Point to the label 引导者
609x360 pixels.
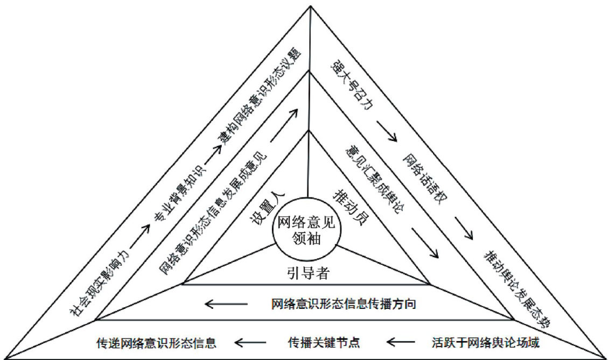pos(307,273)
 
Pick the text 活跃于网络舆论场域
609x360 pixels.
pos(485,342)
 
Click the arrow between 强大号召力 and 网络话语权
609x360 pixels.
pos(387,131)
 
